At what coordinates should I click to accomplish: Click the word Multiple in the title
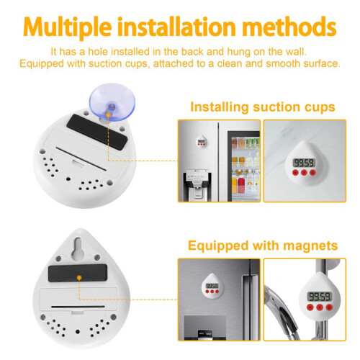pos(68,27)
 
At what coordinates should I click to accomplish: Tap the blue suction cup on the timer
pos(112,102)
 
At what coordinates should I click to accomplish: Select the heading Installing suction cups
pos(263,107)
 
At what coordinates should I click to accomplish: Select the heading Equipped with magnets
pos(263,246)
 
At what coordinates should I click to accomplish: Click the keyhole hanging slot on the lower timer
pos(78,249)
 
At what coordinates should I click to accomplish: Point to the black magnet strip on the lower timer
pos(78,273)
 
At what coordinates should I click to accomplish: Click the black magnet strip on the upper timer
pos(96,132)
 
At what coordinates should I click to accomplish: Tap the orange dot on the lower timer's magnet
pos(79,278)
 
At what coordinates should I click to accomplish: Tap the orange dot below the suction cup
pos(108,115)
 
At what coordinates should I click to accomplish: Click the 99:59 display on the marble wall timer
pos(304,163)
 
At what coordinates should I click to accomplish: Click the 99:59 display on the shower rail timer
pos(320,297)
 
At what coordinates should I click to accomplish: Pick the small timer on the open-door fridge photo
pos(201,140)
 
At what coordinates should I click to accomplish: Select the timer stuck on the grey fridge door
pos(212,286)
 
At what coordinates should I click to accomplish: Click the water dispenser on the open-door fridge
pos(197,184)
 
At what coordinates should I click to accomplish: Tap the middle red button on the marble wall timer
pos(304,172)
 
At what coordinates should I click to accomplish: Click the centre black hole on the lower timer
pos(78,332)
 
